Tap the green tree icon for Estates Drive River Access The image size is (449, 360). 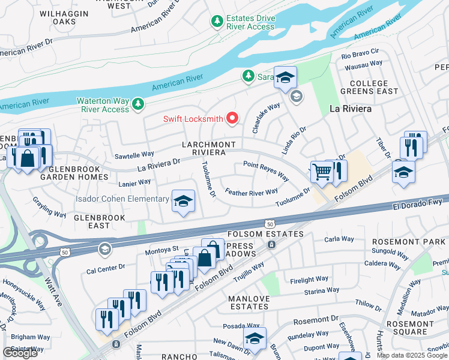(217, 22)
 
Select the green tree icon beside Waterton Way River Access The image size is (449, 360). (139, 105)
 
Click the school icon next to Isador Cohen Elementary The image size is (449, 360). (184, 201)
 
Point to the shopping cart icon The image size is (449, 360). (322, 172)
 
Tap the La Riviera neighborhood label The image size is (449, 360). (351, 109)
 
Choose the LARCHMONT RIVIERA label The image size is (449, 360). (209, 149)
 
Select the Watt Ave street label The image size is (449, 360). (55, 289)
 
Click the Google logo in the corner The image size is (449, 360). (20, 353)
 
